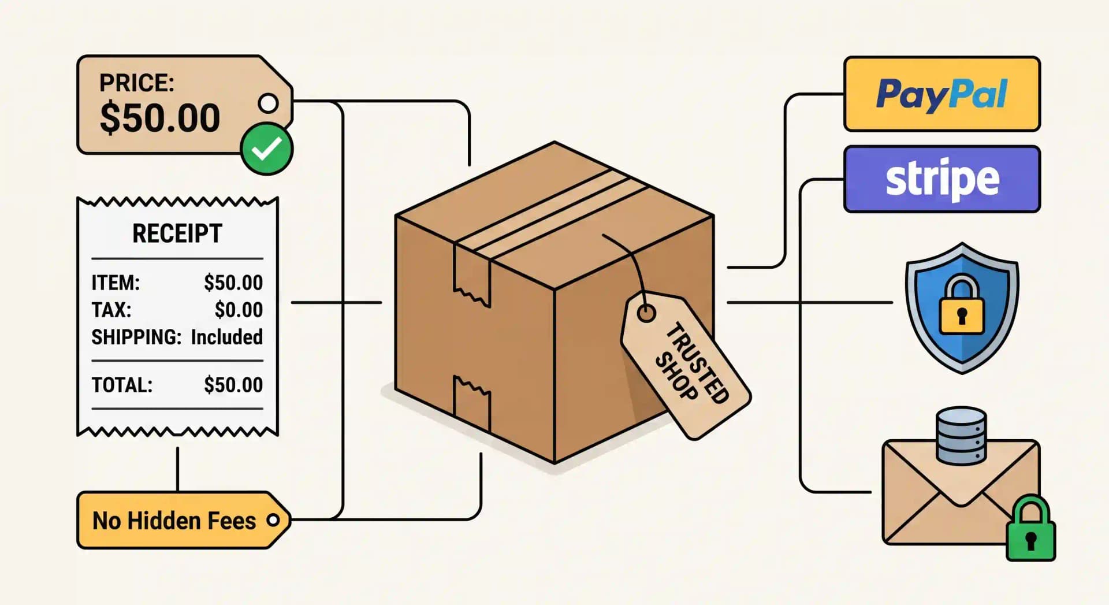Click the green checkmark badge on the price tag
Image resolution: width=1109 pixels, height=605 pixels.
[267, 149]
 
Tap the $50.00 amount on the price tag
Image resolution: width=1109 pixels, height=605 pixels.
[160, 118]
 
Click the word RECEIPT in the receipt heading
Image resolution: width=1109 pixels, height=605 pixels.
[177, 233]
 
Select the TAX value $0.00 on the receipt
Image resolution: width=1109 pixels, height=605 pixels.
[239, 310]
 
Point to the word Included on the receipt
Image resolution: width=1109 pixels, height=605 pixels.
[227, 337]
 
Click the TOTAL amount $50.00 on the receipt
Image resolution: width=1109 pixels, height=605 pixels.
[233, 385]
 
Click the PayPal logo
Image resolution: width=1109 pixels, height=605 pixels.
[942, 94]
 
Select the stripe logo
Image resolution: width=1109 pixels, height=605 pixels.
[942, 179]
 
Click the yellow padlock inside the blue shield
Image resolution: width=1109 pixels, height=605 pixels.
[962, 305]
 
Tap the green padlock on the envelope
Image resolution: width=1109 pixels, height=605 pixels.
[1031, 529]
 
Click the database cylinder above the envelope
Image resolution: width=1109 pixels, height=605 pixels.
[961, 435]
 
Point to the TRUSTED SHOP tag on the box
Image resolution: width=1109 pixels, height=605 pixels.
[686, 365]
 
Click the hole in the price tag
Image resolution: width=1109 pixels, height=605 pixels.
[268, 103]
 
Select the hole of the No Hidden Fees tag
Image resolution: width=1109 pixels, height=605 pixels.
[273, 520]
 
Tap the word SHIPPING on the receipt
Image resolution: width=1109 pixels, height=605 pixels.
[136, 337]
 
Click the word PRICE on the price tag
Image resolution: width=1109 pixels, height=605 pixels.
[136, 83]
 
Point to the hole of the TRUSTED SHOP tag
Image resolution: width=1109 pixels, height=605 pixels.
[646, 313]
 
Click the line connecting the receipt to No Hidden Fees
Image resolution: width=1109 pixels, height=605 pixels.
[177, 469]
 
